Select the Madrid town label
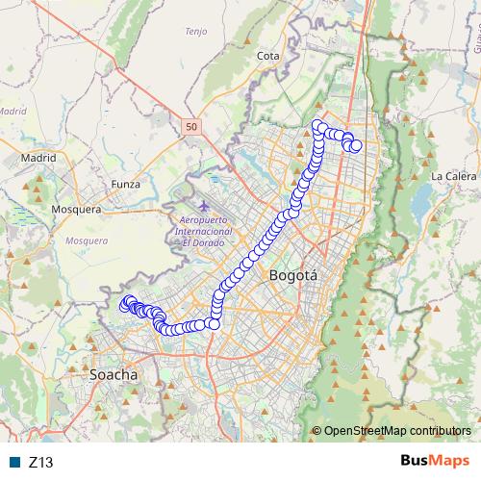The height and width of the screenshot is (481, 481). click(38, 158)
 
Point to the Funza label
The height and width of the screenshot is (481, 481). click(126, 184)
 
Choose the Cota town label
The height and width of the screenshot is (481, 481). click(268, 56)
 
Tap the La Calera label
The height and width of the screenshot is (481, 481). click(449, 176)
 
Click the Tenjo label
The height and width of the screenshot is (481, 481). click(195, 31)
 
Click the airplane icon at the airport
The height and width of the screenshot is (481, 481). click(202, 207)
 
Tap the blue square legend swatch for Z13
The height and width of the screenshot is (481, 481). click(14, 462)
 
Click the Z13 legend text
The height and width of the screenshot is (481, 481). click(41, 462)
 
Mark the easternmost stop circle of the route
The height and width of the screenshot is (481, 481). click(356, 146)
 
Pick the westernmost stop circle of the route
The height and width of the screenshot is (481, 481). click(123, 305)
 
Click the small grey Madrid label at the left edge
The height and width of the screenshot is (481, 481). click(12, 111)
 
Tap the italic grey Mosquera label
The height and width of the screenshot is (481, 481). click(87, 240)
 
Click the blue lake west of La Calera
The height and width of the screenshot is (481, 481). click(421, 201)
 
